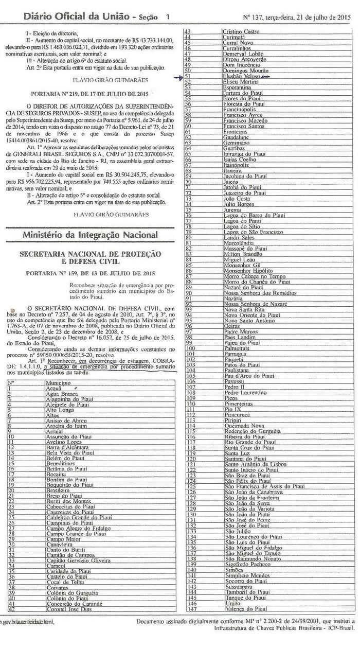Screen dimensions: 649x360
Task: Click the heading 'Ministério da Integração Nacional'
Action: pos(90,235)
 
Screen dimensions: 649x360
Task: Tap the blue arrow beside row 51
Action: pos(178,78)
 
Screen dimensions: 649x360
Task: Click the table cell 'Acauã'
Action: pos(53,388)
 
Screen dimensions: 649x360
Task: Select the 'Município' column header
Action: pos(58,383)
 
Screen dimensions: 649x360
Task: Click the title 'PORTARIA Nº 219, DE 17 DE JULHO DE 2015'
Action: pos(90,95)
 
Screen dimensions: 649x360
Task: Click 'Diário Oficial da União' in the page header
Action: pos(76,17)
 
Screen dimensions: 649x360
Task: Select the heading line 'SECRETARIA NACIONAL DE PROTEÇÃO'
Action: pos(90,254)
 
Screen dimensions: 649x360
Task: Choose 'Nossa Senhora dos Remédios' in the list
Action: pos(257,293)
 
